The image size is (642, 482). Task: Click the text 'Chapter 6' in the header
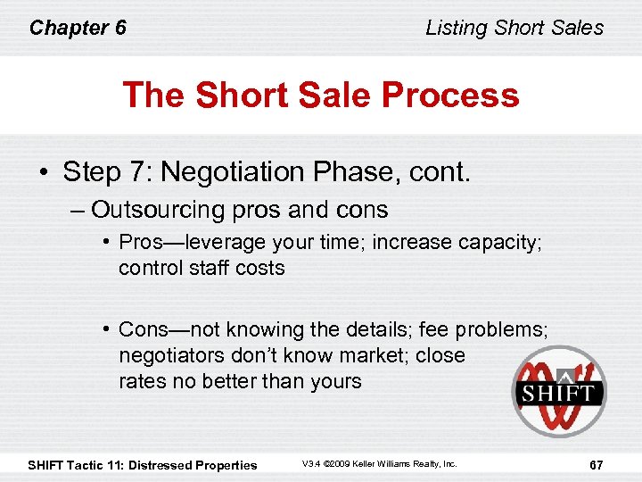pos(78,28)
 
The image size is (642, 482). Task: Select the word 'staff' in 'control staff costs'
pos(211,268)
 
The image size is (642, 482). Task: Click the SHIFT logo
pos(558,391)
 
